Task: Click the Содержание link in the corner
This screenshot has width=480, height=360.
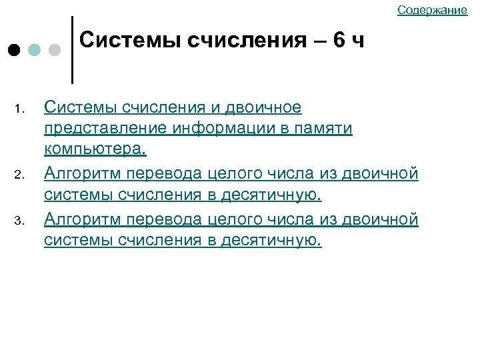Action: point(432,9)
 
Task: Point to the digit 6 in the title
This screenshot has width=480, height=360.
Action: point(339,41)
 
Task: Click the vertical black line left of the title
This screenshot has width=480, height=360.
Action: point(71,50)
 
